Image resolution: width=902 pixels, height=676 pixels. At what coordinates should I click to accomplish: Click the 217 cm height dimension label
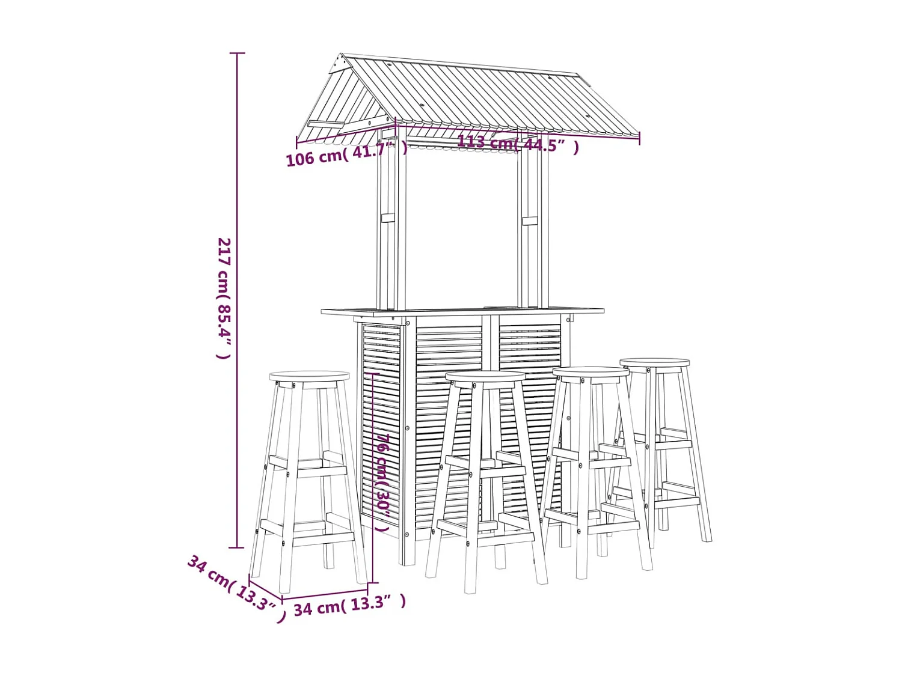224,298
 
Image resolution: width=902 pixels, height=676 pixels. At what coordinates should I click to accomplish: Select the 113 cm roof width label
517,144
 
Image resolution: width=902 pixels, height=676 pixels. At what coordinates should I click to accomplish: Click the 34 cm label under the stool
349,605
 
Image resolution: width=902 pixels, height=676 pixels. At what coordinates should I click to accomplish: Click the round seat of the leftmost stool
309,376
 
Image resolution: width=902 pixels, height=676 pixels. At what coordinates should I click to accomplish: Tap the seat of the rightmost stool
655,363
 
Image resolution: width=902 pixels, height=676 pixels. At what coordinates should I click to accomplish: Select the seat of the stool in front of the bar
486,377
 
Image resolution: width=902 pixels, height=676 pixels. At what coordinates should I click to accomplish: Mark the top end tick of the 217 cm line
237,53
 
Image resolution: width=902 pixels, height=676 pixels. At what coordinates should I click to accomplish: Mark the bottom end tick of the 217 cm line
237,547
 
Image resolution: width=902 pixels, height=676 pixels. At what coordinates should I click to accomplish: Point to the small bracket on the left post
388,218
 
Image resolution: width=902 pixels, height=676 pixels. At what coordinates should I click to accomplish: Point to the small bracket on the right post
530,221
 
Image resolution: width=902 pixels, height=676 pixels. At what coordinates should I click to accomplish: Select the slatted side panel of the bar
381,421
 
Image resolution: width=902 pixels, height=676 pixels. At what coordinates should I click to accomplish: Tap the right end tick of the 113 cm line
639,138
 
